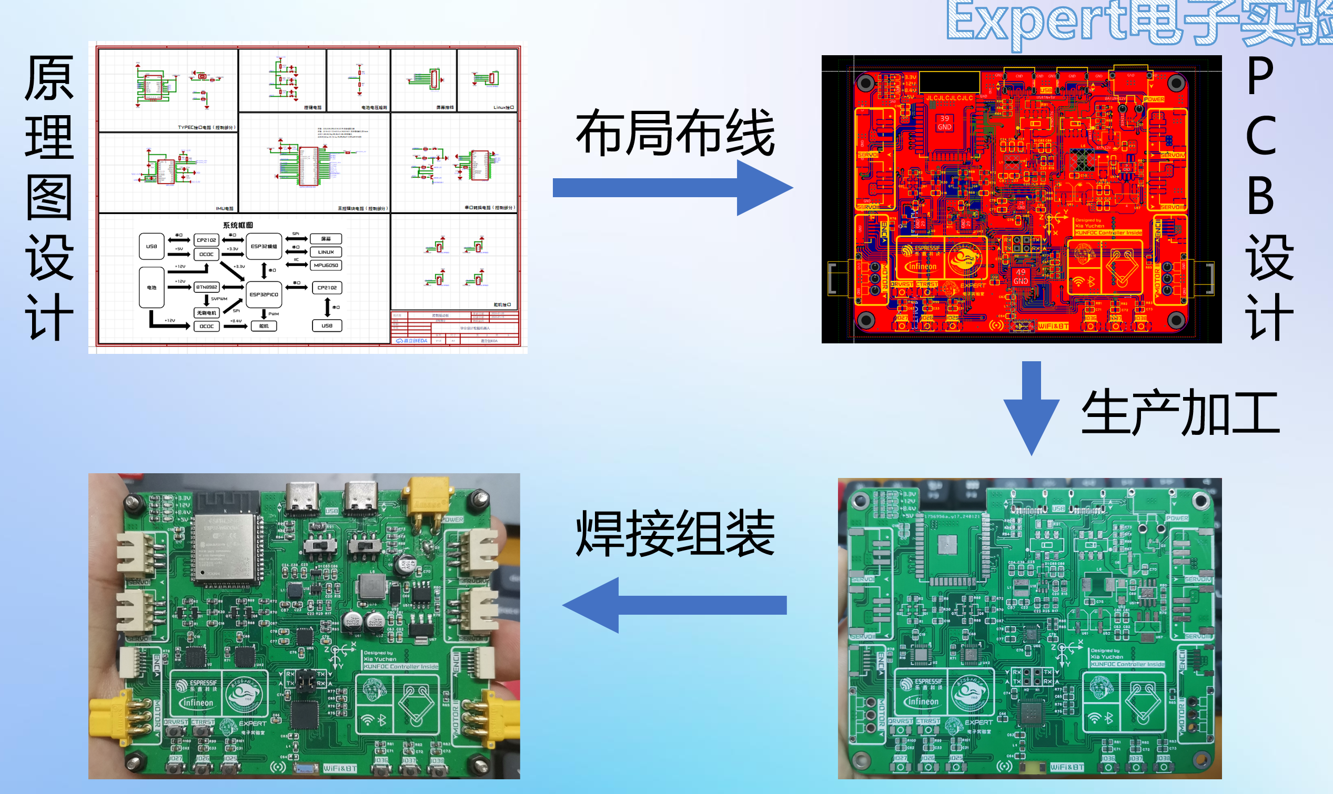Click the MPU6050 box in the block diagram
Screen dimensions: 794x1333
326,266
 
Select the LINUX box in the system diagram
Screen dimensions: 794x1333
326,252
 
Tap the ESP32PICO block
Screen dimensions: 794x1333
264,294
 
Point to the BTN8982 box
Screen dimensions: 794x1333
207,287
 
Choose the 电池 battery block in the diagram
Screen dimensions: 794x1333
152,288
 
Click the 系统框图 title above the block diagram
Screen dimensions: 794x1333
238,225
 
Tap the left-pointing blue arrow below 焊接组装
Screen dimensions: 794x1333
674,605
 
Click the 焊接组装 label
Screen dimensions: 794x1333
675,533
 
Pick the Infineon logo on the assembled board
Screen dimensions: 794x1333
196,703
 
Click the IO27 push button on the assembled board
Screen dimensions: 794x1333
176,768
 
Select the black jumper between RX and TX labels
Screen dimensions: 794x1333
306,680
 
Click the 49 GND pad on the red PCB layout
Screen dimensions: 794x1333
1021,277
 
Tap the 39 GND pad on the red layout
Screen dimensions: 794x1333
944,123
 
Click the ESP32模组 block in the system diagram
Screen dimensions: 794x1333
264,247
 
